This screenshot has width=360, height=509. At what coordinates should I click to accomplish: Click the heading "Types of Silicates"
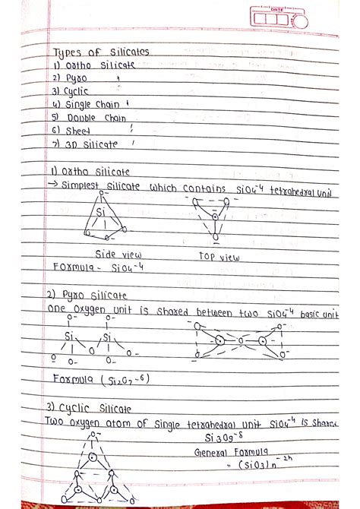coord(101,52)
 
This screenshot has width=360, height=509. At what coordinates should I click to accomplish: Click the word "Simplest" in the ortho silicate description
coord(85,187)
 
